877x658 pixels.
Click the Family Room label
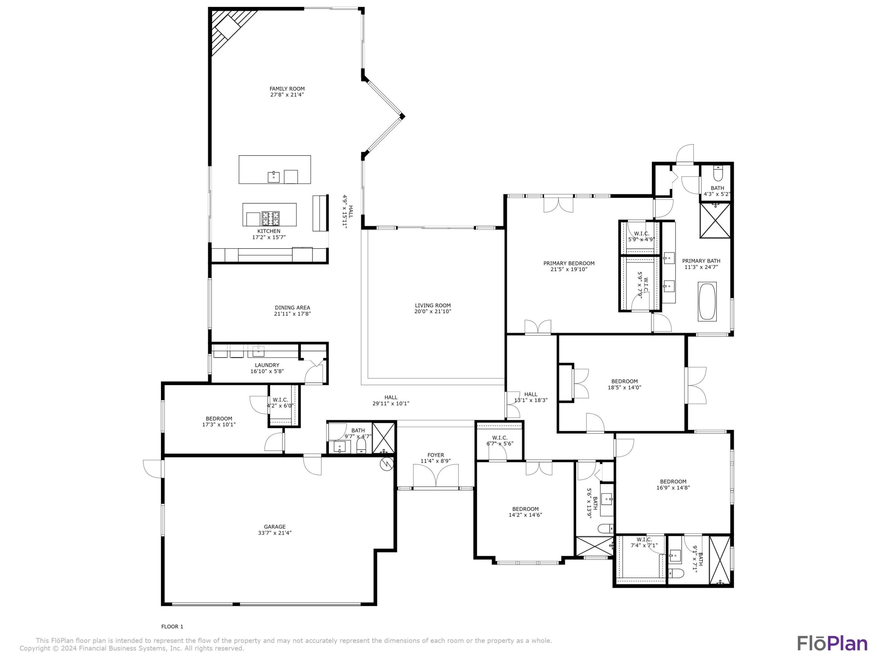287,89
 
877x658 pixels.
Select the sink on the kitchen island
273,176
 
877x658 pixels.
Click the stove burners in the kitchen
270,218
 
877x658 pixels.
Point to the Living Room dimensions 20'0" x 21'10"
432,311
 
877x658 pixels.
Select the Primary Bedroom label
569,264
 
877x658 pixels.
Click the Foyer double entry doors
436,476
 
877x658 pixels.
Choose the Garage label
274,527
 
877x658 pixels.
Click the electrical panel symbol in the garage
386,464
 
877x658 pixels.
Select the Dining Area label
292,307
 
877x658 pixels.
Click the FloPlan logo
832,643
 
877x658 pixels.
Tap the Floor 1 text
172,626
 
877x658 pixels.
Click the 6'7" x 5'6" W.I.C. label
500,437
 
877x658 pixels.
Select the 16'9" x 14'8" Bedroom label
673,482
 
